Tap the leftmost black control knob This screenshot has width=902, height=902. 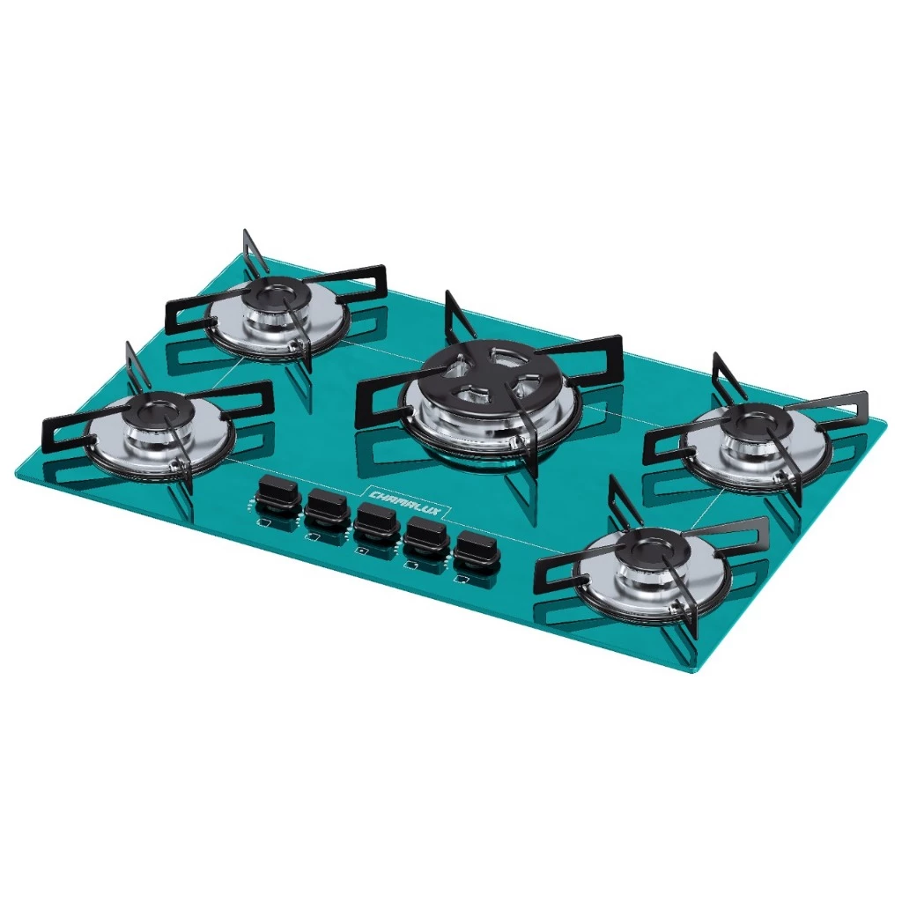(x=277, y=495)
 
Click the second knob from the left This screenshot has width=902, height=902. (x=327, y=508)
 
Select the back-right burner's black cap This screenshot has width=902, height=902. (x=755, y=425)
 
